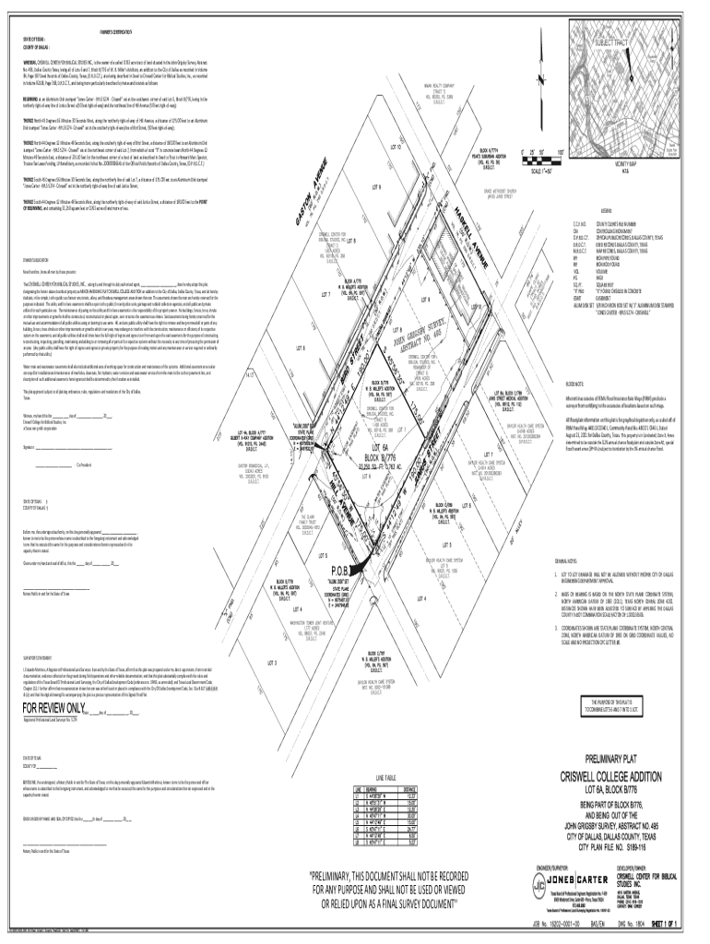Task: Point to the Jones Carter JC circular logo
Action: [x=550, y=889]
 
